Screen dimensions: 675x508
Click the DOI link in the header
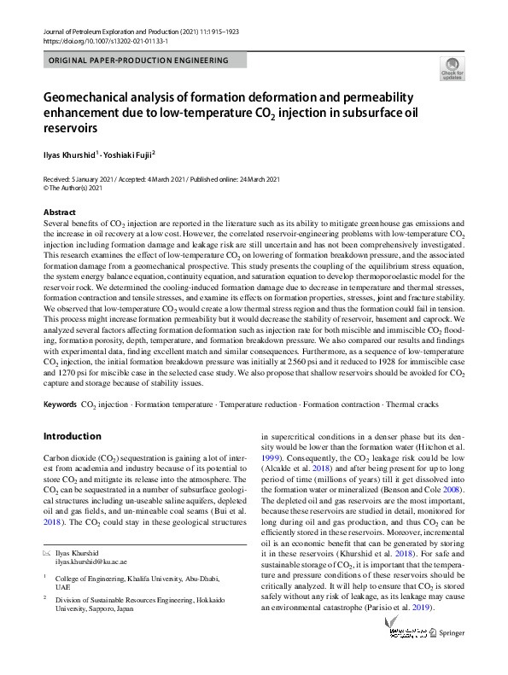[104, 40]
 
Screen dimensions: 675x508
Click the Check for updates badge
[452, 68]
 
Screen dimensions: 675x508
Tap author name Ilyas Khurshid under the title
[70, 155]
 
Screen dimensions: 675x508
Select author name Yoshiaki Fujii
[131, 155]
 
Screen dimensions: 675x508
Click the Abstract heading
[59, 212]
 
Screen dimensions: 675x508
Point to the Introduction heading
[72, 436]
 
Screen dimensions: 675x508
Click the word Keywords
[59, 402]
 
